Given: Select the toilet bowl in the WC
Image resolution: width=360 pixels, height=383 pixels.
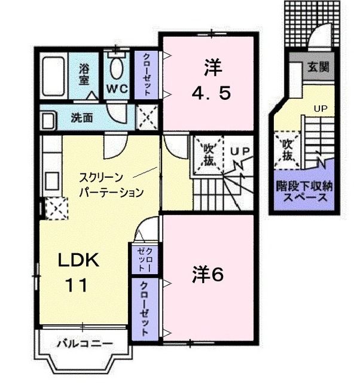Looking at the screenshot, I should tap(117, 69).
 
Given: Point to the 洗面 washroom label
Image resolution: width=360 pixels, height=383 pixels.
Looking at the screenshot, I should tap(81, 118).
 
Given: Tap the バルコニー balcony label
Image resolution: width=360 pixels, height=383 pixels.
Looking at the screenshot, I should tap(85, 344).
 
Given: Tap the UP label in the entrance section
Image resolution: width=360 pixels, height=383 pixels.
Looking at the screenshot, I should tap(320, 108).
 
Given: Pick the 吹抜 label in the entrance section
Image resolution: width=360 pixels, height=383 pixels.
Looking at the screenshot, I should tap(287, 150).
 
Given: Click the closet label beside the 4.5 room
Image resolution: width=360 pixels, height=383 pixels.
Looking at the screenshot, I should tap(147, 75).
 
